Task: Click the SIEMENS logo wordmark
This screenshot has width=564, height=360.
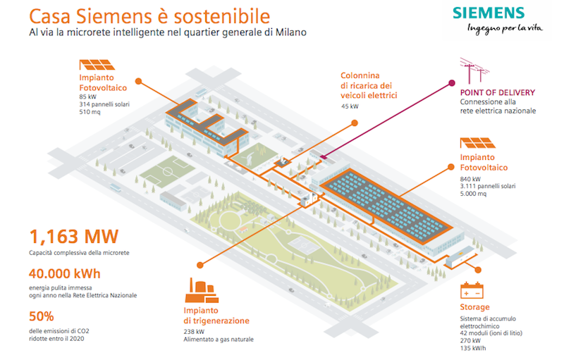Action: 489,13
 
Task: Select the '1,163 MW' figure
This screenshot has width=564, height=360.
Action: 73,236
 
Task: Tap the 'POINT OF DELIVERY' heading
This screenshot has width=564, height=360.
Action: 497,92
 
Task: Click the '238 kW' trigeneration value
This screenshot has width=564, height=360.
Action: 195,331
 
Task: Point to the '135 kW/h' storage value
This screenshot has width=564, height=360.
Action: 475,347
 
